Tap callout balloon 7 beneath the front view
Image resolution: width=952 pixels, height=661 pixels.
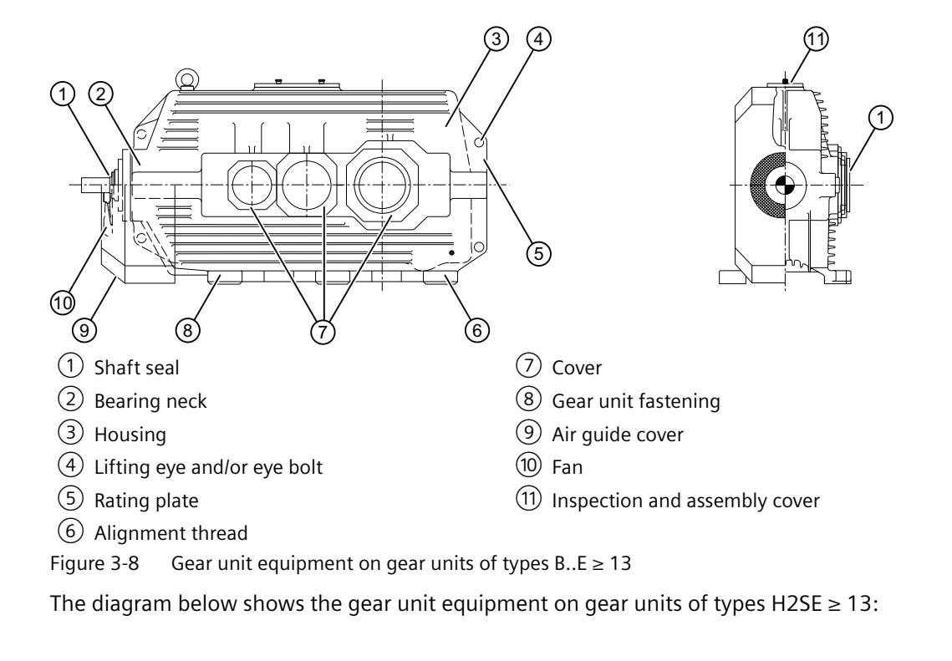(x=322, y=331)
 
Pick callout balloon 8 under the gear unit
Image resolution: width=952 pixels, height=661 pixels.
(x=190, y=331)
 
